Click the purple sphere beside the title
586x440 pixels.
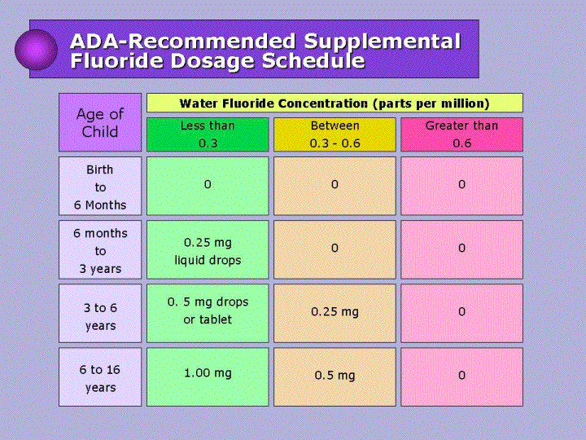point(37,50)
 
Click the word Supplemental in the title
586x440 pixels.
point(382,41)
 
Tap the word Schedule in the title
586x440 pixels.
point(313,60)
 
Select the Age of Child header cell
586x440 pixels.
point(100,122)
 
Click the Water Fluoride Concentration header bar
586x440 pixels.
point(335,103)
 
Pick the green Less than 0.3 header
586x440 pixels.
point(208,134)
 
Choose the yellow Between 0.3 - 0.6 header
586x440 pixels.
point(335,134)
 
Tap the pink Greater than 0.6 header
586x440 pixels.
point(461,134)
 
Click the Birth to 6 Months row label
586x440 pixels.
point(100,186)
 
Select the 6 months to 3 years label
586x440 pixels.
point(100,249)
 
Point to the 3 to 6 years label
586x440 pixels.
point(100,313)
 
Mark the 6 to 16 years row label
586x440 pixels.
point(100,376)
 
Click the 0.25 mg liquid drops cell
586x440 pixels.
point(208,249)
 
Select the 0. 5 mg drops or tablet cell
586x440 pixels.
point(208,313)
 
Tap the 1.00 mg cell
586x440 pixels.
point(208,376)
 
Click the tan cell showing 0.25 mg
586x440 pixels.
point(335,313)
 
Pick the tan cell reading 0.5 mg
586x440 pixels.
point(335,376)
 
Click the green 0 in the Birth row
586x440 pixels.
point(208,186)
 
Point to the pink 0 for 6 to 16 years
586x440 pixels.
point(461,376)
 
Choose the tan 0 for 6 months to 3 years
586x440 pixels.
point(335,249)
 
